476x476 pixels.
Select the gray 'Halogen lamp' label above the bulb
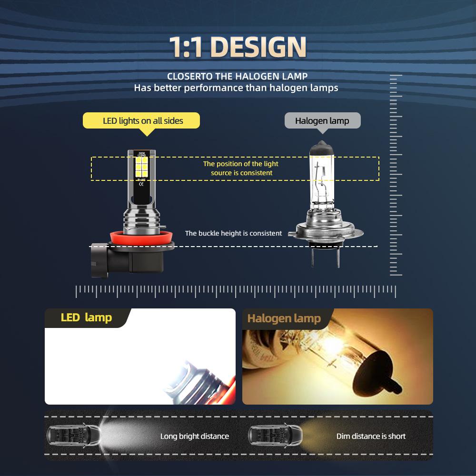coord(322,120)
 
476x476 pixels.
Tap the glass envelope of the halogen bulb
coord(323,176)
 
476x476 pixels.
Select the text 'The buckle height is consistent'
coord(233,233)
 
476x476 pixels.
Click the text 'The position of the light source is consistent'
coord(241,168)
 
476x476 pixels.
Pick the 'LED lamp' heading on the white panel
coord(86,317)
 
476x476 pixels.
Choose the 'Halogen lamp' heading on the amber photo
coord(284,318)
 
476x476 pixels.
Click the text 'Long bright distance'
coord(194,436)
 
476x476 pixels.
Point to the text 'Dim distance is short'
coord(371,436)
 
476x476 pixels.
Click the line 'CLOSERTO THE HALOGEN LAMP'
coord(237,76)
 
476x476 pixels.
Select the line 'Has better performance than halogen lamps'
coord(236,88)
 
